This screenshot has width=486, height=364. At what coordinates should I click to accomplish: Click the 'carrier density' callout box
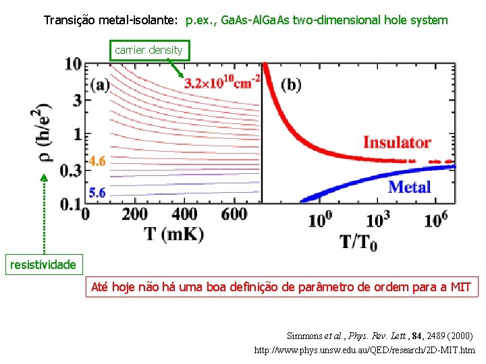coord(148,50)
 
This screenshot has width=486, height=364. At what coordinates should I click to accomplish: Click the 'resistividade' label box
coord(43,264)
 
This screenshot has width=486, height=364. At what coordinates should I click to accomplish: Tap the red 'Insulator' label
coord(397,142)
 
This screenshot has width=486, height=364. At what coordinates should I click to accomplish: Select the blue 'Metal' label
coord(410,187)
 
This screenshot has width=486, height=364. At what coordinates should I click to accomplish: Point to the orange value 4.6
coord(97,161)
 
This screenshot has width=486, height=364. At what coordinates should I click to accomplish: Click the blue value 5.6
coord(97,193)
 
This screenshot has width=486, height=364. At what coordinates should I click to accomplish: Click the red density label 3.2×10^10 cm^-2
coord(221,83)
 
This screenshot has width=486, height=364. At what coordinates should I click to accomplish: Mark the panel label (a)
coord(101,86)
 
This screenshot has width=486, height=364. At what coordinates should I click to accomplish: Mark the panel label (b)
coord(292,85)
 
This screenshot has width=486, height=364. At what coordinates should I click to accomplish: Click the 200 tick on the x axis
coord(134,214)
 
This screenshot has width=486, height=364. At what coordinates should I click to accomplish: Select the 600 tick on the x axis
coord(234,214)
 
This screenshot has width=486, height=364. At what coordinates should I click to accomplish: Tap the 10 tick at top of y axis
coord(74,65)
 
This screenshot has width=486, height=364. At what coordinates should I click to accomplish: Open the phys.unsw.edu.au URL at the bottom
coord(364,351)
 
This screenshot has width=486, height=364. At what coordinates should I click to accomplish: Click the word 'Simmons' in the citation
coord(305,335)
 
